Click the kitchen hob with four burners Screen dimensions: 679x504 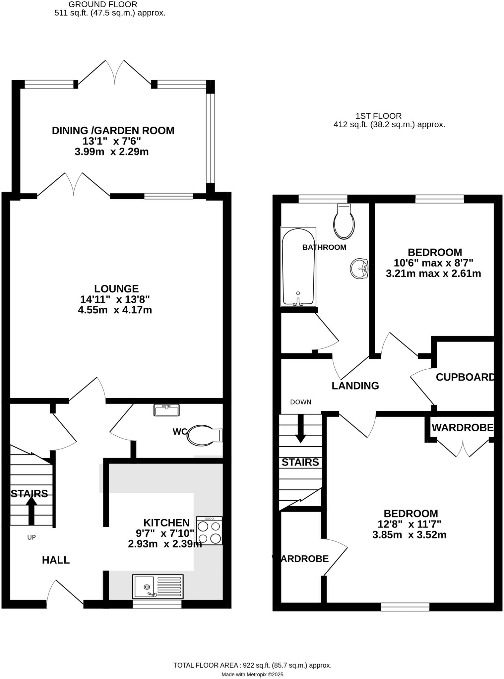point(209,530)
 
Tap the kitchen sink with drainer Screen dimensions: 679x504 point(158,586)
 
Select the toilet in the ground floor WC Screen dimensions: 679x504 point(203,435)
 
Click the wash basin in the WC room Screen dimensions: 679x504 point(166,410)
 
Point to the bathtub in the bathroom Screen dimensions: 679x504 point(298,267)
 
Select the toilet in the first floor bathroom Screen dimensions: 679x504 point(344,221)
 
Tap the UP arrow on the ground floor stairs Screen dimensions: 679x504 point(31,510)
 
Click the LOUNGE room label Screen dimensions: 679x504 point(116,288)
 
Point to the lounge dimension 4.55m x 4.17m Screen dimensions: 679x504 point(115,310)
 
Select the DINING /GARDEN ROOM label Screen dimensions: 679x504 point(113,131)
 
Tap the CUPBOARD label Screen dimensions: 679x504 point(465,377)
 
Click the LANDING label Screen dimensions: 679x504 point(355,386)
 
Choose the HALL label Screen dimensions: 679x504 point(56,560)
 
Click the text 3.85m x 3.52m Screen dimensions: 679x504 point(409,535)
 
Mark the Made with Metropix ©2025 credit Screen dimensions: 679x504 point(252,674)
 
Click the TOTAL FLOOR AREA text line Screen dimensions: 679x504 point(252,665)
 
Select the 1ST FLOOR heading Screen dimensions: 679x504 point(378,116)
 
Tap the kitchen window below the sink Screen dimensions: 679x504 point(157,604)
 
